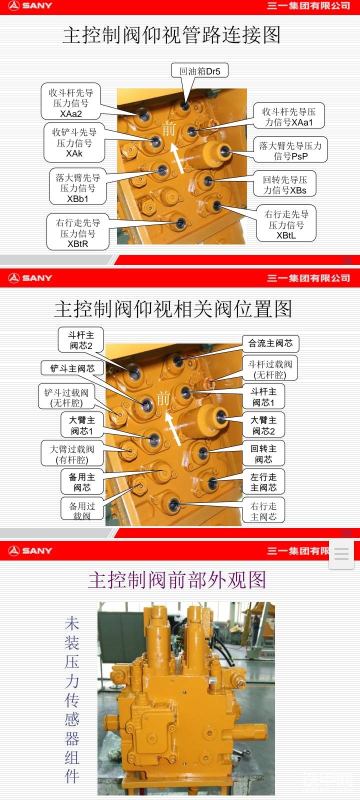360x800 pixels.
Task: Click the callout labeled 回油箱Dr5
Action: click(x=199, y=70)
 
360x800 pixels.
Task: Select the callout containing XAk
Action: click(x=74, y=142)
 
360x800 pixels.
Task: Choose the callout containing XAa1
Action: click(x=289, y=115)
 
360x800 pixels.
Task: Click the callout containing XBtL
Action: click(x=286, y=223)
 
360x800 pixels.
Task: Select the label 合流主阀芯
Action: click(x=270, y=343)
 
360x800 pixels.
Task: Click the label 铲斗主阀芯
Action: click(x=72, y=368)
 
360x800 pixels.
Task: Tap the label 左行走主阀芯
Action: click(x=263, y=481)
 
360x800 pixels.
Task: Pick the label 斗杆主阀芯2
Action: click(x=81, y=339)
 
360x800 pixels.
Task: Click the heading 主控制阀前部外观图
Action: click(x=177, y=579)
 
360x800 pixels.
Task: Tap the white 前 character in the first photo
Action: click(x=169, y=129)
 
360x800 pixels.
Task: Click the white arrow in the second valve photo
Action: click(x=173, y=428)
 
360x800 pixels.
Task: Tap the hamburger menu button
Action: click(x=341, y=554)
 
